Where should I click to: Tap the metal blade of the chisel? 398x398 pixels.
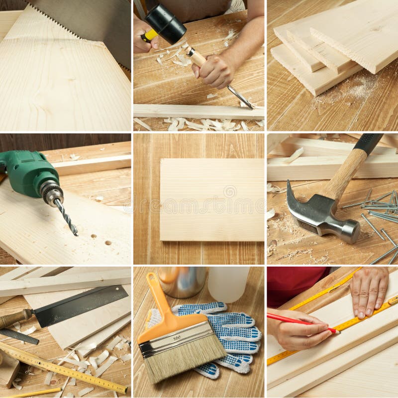click(x=239, y=97)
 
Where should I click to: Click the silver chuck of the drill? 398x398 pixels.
click(x=51, y=192)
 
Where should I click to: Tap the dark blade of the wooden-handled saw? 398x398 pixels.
click(x=80, y=305)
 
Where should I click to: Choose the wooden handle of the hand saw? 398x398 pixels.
click(x=15, y=318)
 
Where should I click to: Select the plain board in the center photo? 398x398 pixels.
click(x=212, y=199)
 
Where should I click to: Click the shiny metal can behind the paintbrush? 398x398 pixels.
click(x=182, y=281)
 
